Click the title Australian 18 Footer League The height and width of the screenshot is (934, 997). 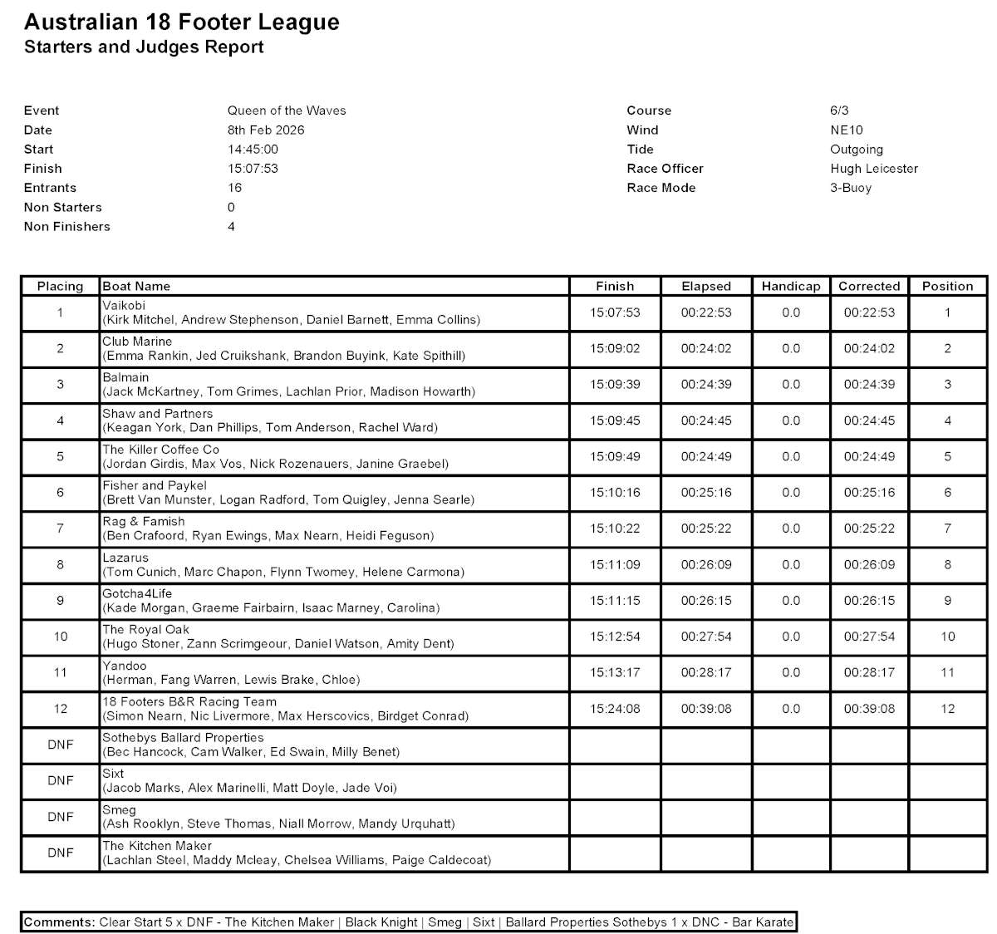tap(182, 22)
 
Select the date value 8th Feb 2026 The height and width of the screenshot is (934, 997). tap(266, 130)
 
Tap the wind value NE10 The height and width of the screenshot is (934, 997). tap(847, 130)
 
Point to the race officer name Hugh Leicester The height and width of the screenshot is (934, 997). tap(874, 168)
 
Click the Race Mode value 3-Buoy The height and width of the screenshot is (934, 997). tap(851, 188)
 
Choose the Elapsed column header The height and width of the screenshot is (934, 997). tap(706, 286)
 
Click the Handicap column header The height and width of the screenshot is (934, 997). tap(791, 286)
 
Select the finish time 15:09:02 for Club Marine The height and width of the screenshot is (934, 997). tap(615, 349)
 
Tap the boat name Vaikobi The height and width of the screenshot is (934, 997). tap(124, 306)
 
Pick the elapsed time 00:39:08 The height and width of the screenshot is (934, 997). tap(706, 709)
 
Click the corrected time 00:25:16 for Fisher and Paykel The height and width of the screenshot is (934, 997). tap(869, 493)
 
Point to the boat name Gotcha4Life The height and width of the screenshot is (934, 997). tap(137, 593)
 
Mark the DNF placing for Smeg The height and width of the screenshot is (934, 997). tap(61, 817)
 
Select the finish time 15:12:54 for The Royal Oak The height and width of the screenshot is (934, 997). tap(615, 637)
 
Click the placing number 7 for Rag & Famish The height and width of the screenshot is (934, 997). tap(61, 528)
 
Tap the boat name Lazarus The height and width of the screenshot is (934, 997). tap(125, 558)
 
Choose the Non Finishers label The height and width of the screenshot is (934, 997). tap(67, 226)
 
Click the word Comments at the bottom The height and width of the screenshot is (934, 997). tap(59, 922)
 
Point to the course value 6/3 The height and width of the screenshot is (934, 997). tap(839, 111)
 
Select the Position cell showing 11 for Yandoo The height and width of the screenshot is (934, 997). tap(947, 673)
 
